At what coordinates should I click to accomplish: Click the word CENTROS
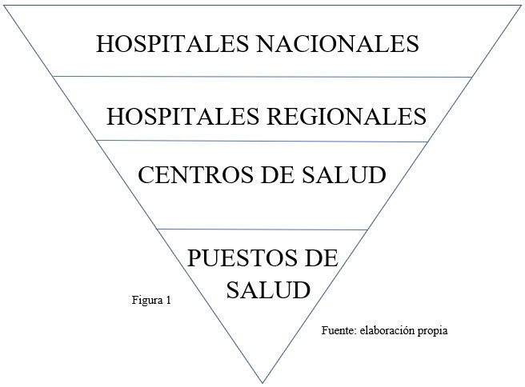click(x=189, y=175)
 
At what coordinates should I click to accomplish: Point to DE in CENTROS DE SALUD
click(x=263, y=175)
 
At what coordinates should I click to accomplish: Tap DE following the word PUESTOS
click(x=316, y=259)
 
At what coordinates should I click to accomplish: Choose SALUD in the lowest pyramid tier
click(x=267, y=289)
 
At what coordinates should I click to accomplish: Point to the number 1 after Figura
click(x=168, y=301)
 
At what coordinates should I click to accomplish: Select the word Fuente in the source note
click(x=338, y=329)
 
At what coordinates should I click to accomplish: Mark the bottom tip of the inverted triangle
click(x=262, y=381)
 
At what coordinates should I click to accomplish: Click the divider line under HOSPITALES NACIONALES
click(x=262, y=77)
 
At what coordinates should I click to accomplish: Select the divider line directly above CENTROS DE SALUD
click(x=262, y=141)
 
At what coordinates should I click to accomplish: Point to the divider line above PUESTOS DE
click(x=262, y=229)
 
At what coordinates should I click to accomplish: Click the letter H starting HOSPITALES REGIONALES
click(x=115, y=117)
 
